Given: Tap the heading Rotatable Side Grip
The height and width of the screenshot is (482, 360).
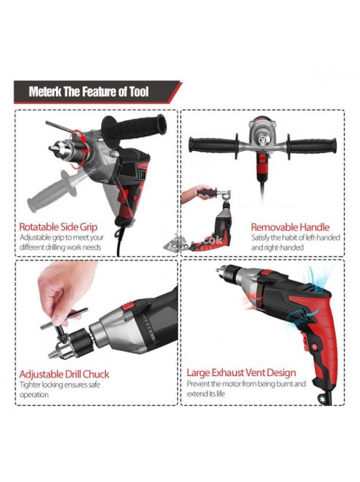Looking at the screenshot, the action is [58, 227].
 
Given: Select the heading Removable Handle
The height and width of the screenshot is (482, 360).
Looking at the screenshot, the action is [290, 227].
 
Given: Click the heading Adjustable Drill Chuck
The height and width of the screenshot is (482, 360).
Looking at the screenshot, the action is [64, 374].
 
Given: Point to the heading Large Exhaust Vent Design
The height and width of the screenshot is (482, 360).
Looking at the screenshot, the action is [242, 372].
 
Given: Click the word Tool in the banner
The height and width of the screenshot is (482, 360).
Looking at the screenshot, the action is [139, 91].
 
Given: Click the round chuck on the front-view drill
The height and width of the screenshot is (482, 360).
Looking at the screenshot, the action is [262, 136].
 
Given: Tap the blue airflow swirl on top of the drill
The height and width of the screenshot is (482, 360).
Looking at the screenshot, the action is [319, 279].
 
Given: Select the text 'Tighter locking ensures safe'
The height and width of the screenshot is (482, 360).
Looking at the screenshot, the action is [60, 385].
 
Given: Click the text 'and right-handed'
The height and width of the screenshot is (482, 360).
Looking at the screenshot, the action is [277, 248].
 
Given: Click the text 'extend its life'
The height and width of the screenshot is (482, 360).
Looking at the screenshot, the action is [206, 393].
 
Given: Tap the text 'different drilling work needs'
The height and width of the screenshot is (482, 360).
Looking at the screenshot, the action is [60, 247].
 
